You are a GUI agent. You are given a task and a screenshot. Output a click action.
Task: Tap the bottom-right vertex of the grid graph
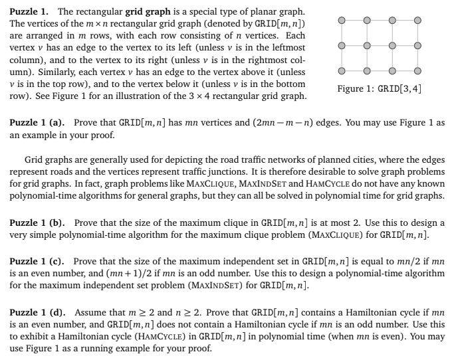point(417,72)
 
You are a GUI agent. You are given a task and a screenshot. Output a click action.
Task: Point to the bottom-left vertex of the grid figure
point(341,72)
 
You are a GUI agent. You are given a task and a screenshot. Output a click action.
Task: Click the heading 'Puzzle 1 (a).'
point(39,124)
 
